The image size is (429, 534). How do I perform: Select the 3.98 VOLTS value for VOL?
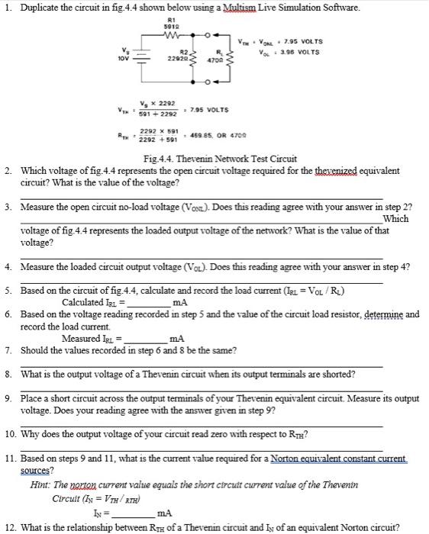click(x=298, y=52)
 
